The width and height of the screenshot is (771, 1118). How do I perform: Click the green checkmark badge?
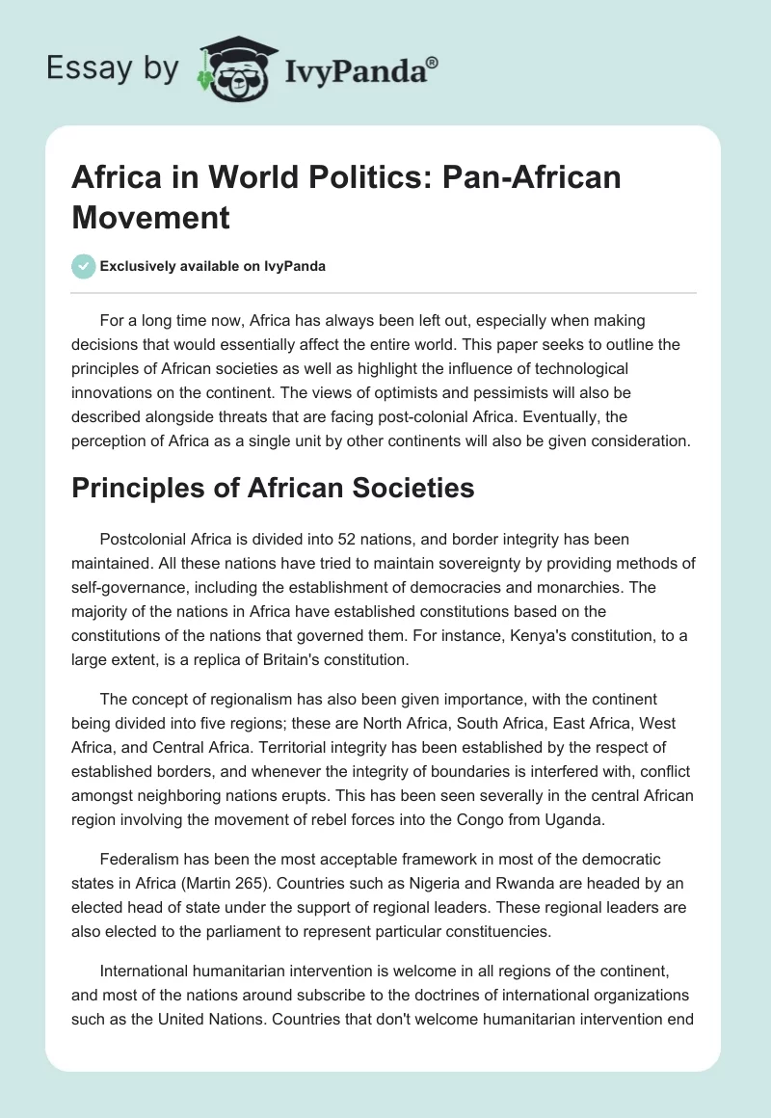click(84, 266)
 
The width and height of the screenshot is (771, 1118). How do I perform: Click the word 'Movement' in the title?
click(150, 217)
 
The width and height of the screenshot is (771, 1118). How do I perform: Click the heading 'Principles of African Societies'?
click(273, 488)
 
